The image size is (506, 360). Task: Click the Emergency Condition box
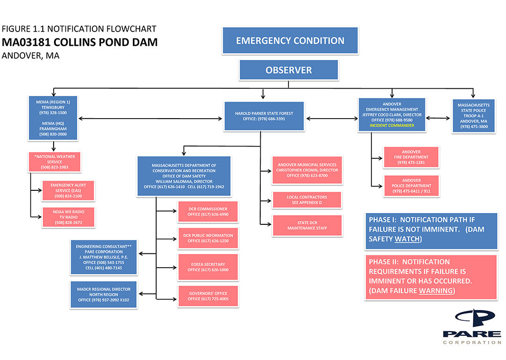(290, 41)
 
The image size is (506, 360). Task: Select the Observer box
(289, 70)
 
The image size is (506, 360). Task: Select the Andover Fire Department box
(411, 157)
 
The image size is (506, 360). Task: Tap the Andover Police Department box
(411, 186)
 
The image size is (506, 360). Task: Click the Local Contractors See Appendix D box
(307, 200)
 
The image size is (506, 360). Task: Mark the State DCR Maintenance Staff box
(307, 225)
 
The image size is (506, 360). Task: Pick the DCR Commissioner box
(208, 211)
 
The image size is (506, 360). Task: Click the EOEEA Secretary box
(208, 267)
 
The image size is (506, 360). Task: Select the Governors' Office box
(208, 296)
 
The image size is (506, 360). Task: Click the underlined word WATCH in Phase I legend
(408, 239)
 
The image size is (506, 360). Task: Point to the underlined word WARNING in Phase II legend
(436, 291)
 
